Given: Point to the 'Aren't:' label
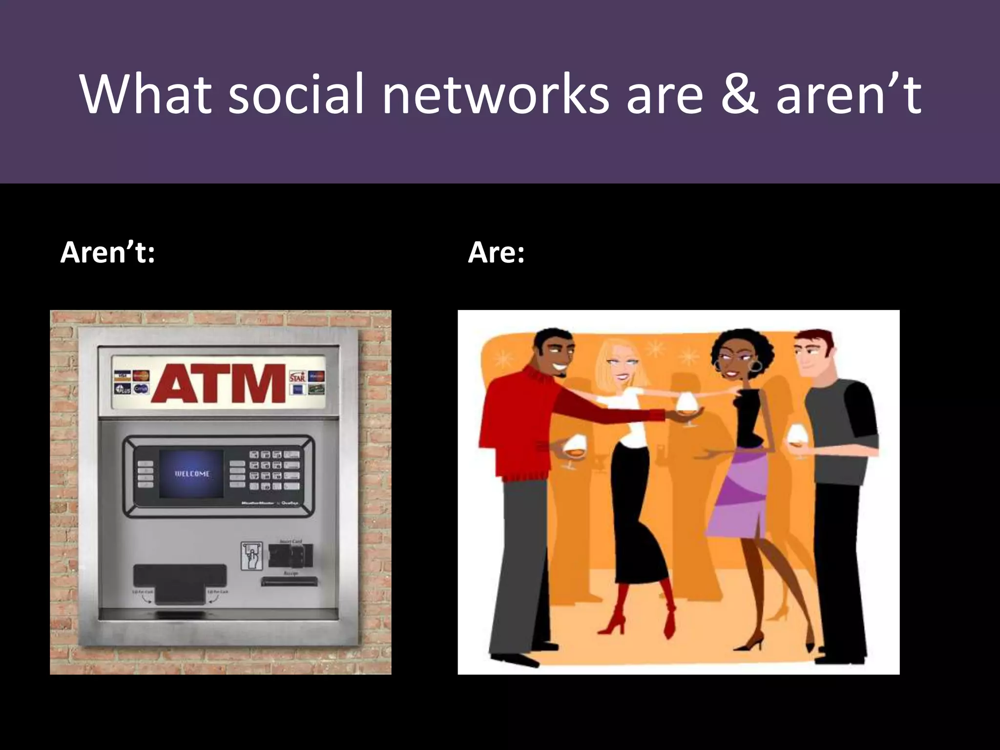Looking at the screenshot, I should tap(107, 253).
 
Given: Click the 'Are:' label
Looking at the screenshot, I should tap(496, 253).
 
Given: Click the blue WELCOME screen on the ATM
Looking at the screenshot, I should tap(191, 474).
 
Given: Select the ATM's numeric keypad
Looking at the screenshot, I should tap(274, 469).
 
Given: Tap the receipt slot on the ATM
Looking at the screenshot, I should tap(289, 582).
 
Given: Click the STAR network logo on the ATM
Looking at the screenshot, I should tap(297, 376).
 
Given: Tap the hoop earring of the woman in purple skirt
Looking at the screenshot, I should tap(757, 366).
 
